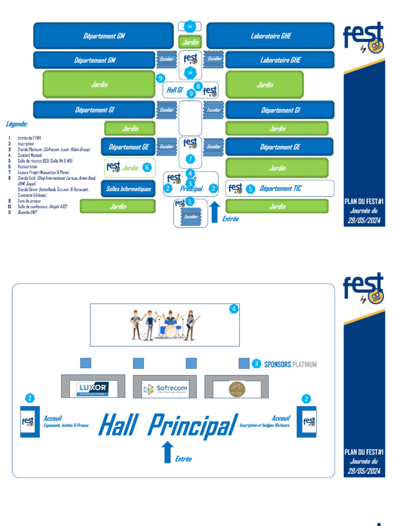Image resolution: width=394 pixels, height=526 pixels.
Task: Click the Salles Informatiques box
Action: point(128,189)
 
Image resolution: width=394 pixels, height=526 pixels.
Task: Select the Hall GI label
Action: point(175,90)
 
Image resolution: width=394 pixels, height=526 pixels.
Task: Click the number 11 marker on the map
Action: point(190,26)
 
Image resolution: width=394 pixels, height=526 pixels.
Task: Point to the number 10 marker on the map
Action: point(190,73)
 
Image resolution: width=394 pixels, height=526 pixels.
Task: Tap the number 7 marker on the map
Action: point(190,159)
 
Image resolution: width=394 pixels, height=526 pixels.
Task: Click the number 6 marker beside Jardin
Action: point(147,167)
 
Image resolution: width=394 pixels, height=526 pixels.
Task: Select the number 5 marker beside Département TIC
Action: point(250,189)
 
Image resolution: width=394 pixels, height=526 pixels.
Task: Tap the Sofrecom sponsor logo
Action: point(165,389)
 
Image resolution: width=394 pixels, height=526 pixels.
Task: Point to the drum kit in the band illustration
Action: point(169,328)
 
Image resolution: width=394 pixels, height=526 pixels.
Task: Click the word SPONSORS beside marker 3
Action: point(277,365)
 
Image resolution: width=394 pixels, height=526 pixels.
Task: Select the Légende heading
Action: point(17,124)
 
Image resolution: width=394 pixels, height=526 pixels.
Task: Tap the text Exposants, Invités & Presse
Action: point(66,425)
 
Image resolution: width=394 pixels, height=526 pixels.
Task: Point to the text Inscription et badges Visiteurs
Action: point(264,425)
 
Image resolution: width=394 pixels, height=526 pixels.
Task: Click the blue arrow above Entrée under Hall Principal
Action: point(167,452)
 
